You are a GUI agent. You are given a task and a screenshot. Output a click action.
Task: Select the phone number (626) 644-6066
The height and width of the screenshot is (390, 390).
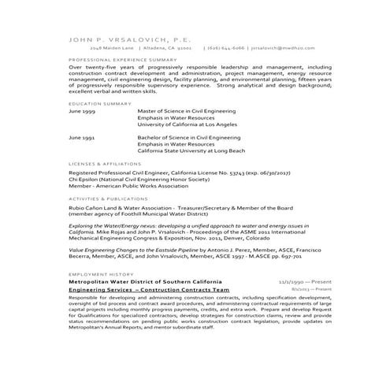(224, 46)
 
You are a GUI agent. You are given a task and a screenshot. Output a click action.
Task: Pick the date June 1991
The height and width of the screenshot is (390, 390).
(83, 137)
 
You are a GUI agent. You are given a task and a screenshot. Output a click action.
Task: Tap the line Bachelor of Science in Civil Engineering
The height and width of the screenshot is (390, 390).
(189, 137)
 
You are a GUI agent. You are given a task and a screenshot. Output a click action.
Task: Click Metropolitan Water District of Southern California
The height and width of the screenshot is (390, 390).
(145, 280)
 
